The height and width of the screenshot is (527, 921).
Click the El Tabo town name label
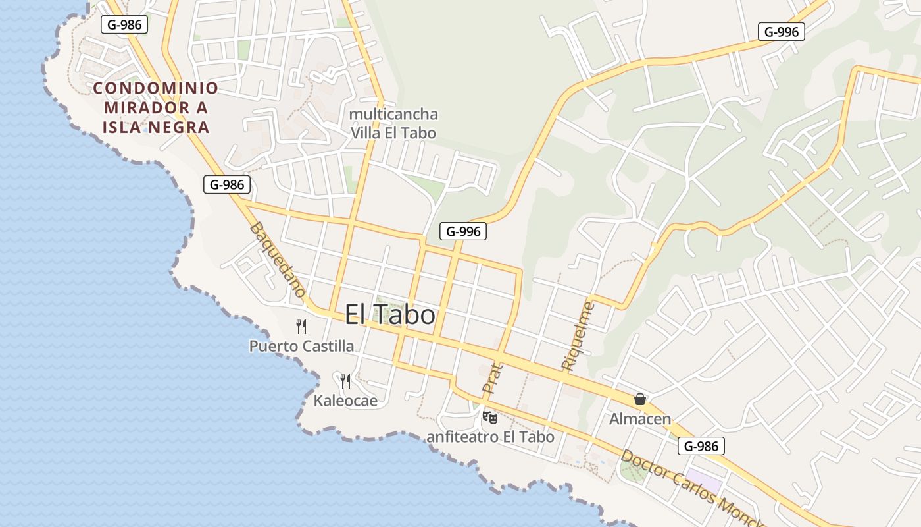click(390, 315)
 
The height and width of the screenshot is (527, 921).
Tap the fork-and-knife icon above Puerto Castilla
click(301, 326)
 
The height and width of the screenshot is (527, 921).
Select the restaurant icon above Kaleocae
click(345, 381)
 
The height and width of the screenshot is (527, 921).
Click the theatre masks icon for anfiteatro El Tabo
click(490, 417)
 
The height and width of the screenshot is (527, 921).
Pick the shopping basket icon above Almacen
click(639, 399)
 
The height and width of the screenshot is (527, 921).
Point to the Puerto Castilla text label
click(301, 346)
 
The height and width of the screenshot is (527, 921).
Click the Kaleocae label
click(345, 401)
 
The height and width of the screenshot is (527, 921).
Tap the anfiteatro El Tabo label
click(490, 437)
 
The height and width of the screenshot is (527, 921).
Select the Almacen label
click(639, 419)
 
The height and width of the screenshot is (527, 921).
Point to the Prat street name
click(492, 378)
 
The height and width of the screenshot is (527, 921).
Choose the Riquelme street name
click(578, 335)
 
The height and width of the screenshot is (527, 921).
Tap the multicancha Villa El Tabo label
click(393, 123)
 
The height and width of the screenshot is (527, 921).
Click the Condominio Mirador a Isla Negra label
click(155, 107)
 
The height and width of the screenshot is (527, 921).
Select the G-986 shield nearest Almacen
click(701, 446)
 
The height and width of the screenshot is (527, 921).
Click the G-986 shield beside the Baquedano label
click(227, 184)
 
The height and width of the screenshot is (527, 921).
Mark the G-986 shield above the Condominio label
click(124, 24)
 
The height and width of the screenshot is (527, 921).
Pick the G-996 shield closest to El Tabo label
click(462, 231)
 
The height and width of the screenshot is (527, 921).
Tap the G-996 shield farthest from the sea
click(781, 32)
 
